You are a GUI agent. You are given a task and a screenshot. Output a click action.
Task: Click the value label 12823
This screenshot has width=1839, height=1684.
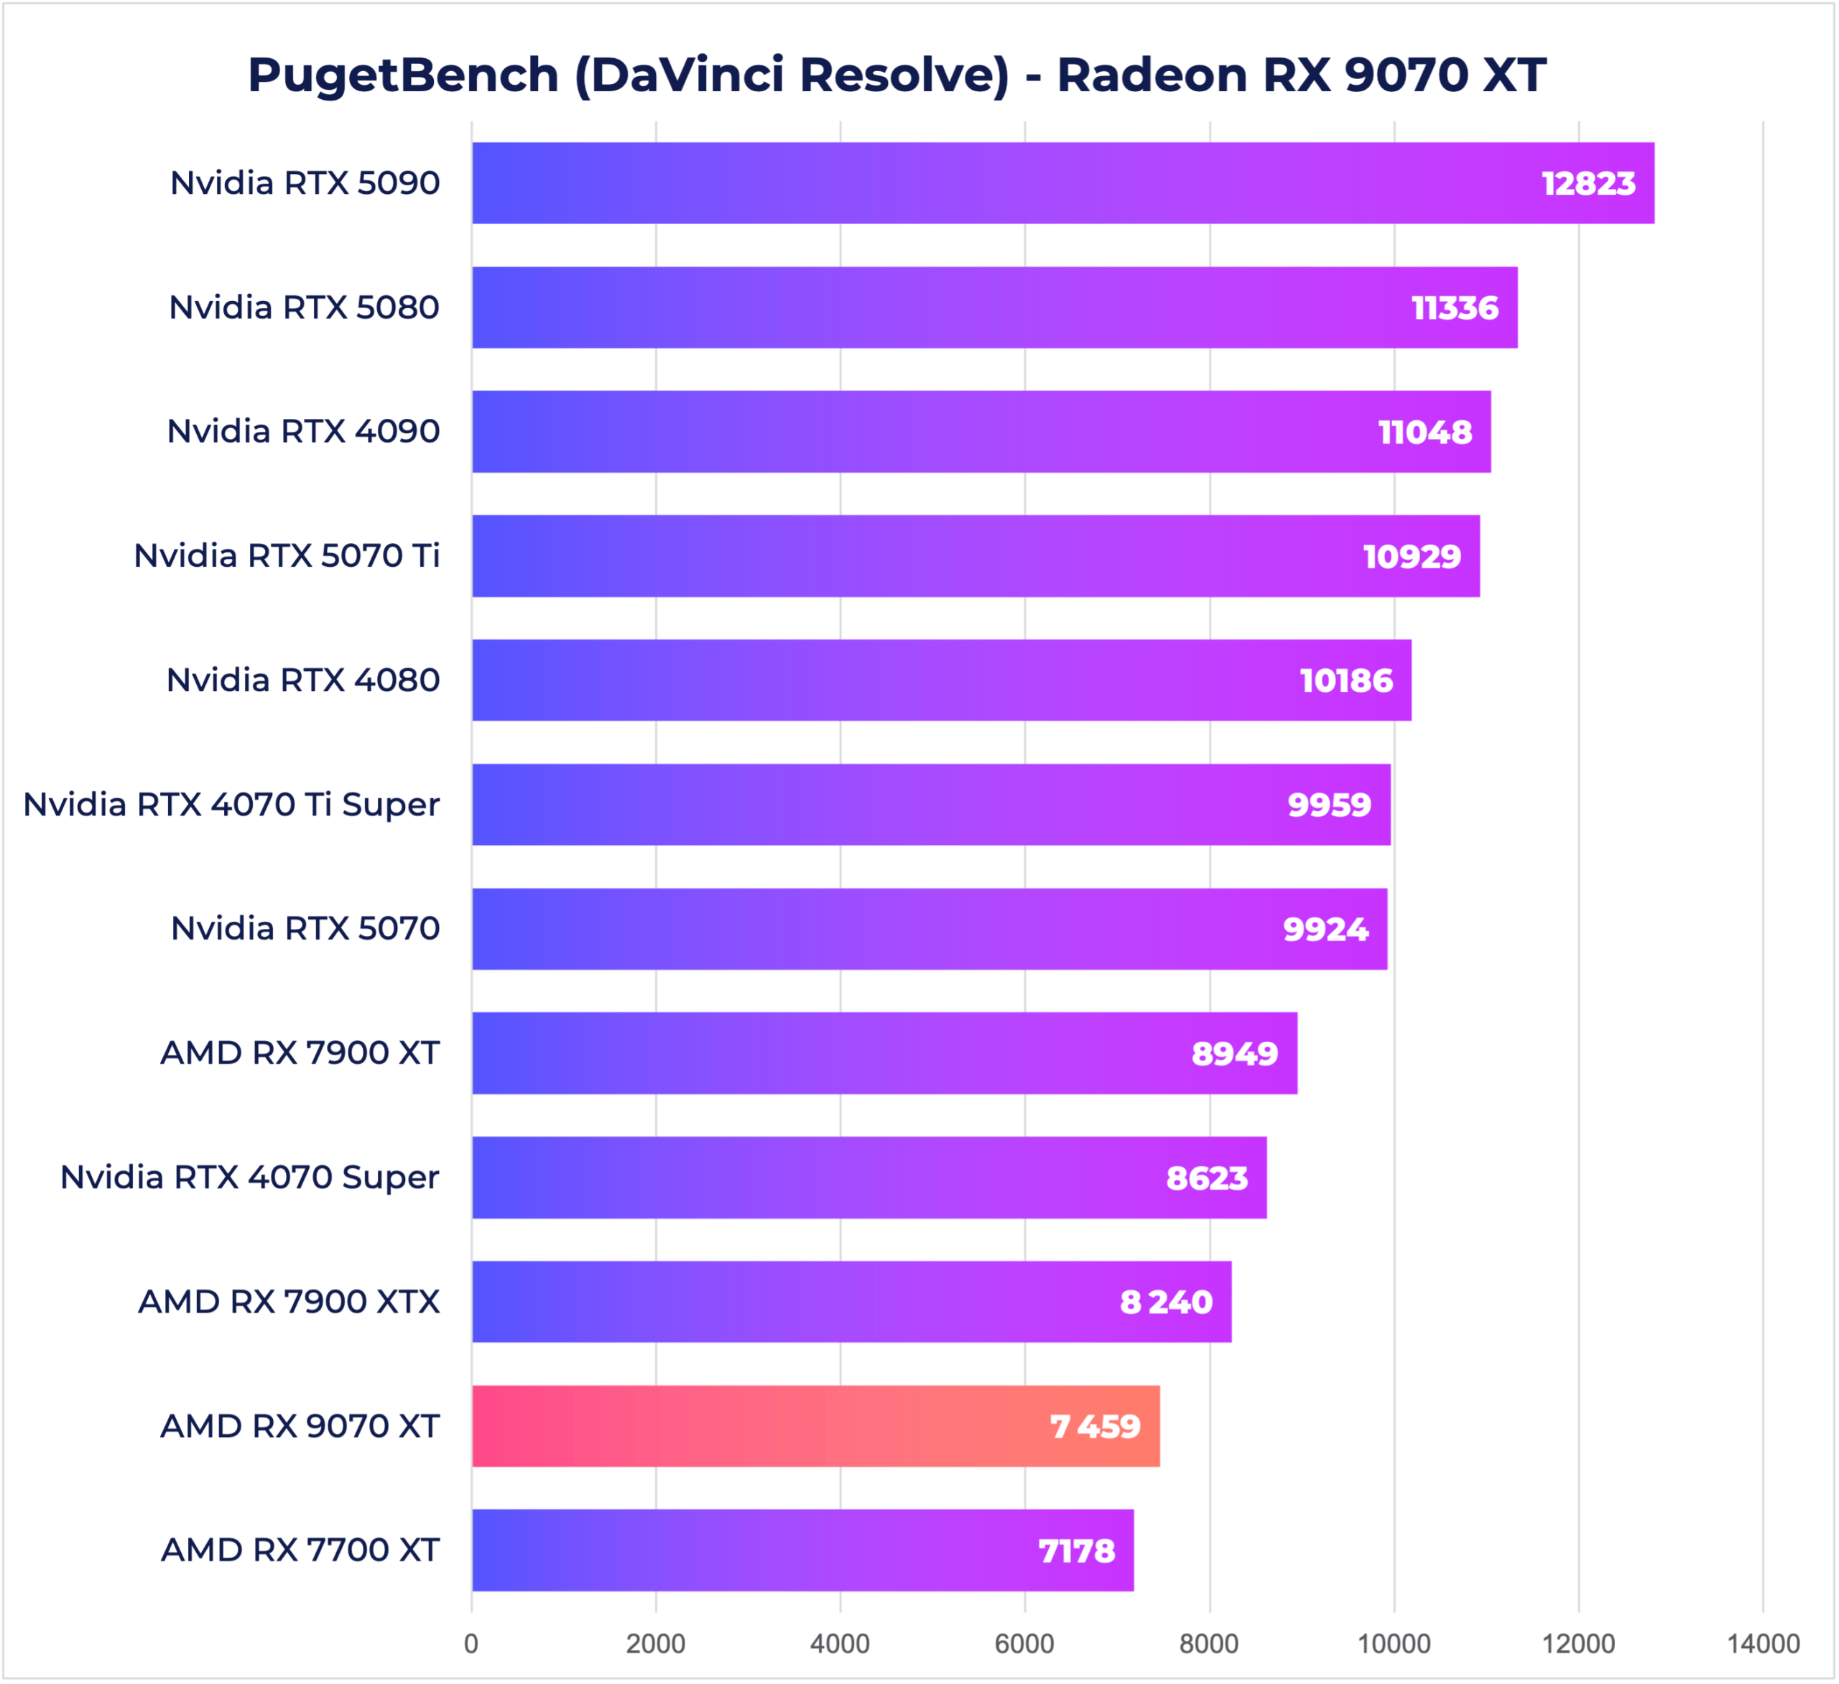1588,183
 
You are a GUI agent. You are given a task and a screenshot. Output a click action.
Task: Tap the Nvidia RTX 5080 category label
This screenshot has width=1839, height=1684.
304,307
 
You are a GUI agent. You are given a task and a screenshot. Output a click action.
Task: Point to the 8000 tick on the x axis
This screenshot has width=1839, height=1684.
1209,1643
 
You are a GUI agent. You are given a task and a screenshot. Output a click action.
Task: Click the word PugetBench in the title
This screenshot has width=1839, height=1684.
403,75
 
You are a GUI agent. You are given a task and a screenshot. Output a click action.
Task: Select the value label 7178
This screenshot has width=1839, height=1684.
1076,1551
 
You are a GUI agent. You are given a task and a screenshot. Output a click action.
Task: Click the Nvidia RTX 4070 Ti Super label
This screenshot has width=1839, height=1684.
232,805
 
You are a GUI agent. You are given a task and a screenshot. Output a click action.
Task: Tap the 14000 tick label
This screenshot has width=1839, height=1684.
1762,1643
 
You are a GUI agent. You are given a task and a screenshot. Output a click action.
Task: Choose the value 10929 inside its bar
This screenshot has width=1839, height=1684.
1411,557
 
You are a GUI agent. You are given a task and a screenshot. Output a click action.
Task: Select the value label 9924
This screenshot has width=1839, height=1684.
1325,929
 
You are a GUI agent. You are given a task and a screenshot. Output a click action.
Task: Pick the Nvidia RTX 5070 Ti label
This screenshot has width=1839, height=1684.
287,555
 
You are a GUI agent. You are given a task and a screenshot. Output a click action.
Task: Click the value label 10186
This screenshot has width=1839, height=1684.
1345,680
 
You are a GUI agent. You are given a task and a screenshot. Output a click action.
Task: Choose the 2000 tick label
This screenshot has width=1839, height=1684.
655,1643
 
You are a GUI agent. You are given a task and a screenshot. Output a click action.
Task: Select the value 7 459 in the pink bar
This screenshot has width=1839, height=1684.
1095,1426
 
